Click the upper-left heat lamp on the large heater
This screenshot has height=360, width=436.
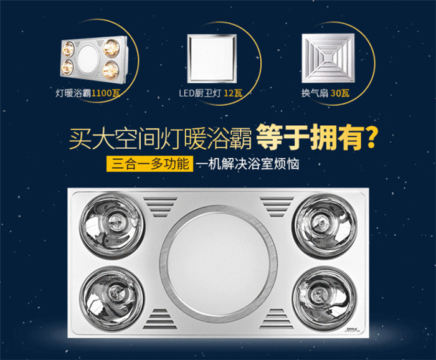coord(111,225)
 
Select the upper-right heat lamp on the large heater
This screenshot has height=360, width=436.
coord(324,225)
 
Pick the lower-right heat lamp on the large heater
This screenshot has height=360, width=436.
coord(325,296)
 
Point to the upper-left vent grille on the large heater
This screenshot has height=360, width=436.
coord(160,207)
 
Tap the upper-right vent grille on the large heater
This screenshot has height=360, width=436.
coord(277,207)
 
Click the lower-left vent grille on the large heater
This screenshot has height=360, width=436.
coord(160,318)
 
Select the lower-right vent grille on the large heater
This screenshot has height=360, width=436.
coord(277,318)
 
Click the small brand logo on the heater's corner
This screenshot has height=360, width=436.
coord(353,329)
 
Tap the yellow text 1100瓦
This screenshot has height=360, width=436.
coord(106,93)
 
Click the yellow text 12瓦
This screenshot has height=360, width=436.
coord(233,93)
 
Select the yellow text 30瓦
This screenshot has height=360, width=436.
coord(340,93)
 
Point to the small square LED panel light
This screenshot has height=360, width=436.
coord(212,59)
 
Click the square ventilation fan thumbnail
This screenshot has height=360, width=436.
coord(328,59)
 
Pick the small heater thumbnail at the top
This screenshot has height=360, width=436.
coord(93,59)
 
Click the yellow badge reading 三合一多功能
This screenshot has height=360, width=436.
coord(149,164)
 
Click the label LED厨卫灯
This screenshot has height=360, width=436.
coord(200,93)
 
